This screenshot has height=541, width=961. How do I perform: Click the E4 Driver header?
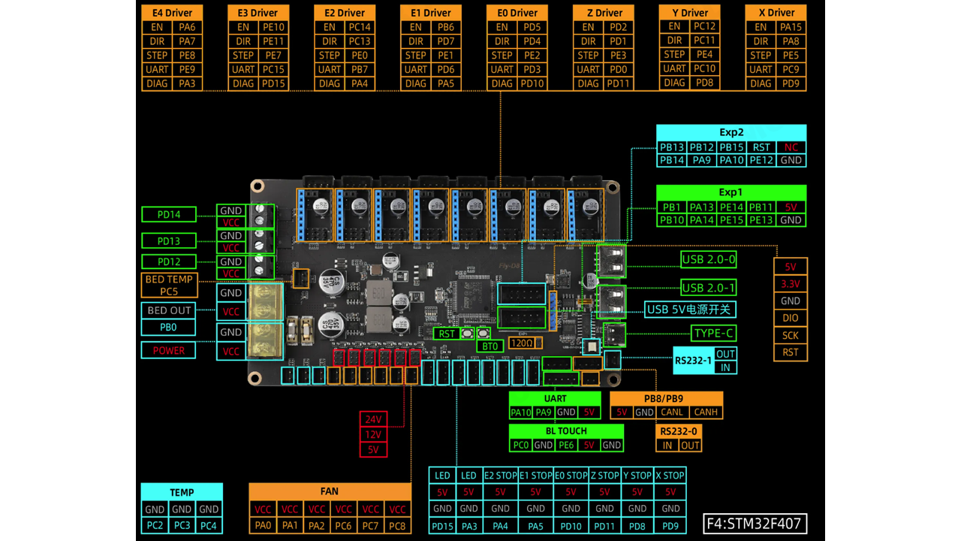pyautogui.click(x=172, y=13)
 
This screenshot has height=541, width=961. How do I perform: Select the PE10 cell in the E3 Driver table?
pyautogui.click(x=273, y=27)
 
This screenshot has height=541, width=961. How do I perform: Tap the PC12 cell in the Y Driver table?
pyautogui.click(x=704, y=26)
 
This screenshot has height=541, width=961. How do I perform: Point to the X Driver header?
pyautogui.click(x=776, y=13)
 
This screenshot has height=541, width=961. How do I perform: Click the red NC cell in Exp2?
pyautogui.click(x=791, y=147)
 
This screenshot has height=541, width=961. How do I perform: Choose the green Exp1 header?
pyautogui.click(x=731, y=192)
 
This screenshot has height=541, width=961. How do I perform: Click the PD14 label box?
pyautogui.click(x=169, y=214)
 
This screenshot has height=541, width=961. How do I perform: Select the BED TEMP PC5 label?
pyautogui.click(x=169, y=285)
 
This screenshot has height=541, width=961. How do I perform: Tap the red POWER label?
pyautogui.click(x=169, y=350)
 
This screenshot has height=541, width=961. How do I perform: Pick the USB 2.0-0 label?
pyautogui.click(x=708, y=259)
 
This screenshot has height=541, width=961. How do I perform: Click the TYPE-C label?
pyautogui.click(x=713, y=333)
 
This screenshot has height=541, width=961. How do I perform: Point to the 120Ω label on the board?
pyautogui.click(x=522, y=343)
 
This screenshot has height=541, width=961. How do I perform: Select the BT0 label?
pyautogui.click(x=490, y=346)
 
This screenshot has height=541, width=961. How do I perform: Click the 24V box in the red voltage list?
pyautogui.click(x=373, y=419)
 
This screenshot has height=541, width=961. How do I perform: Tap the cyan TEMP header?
pyautogui.click(x=182, y=492)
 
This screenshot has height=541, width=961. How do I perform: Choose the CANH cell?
pyautogui.click(x=705, y=413)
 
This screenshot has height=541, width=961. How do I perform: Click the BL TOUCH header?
pyautogui.click(x=566, y=431)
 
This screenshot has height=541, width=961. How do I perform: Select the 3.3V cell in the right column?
pyautogui.click(x=791, y=284)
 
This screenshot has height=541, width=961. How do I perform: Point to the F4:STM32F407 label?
pyautogui.click(x=755, y=524)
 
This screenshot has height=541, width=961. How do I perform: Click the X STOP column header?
pyautogui.click(x=670, y=476)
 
